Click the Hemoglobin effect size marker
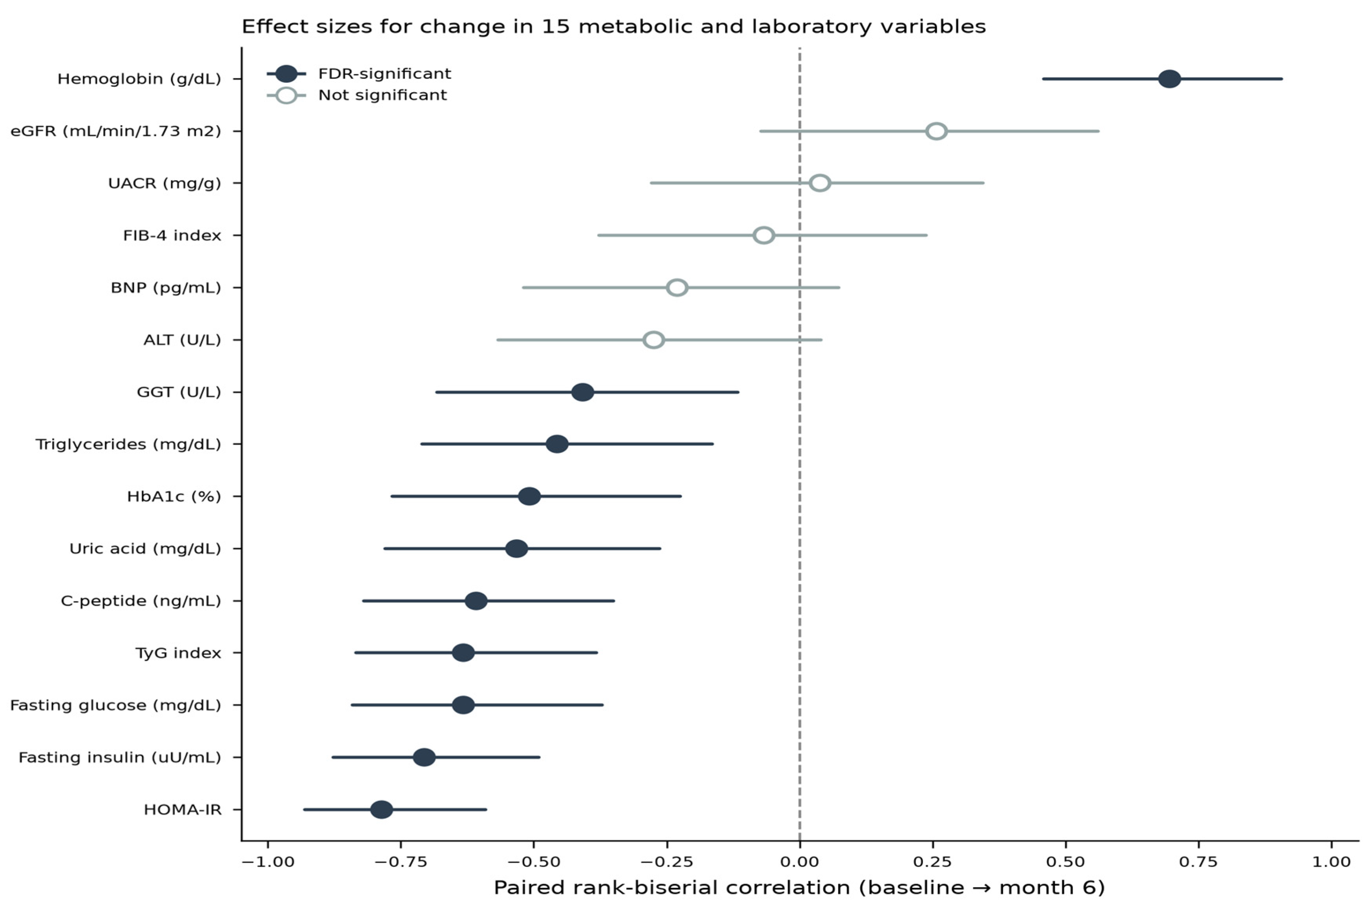pyautogui.click(x=1169, y=79)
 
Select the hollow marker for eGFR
pyautogui.click(x=936, y=131)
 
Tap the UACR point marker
pyautogui.click(x=820, y=183)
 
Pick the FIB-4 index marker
pyautogui.click(x=764, y=235)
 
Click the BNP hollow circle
pyautogui.click(x=677, y=287)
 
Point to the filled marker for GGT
pyautogui.click(x=582, y=392)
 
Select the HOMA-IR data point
pyautogui.click(x=381, y=810)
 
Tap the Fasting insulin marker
pyautogui.click(x=424, y=757)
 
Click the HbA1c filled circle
pyautogui.click(x=529, y=496)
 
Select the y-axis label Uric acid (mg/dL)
pyautogui.click(x=145, y=549)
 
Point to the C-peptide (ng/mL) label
pyautogui.click(x=141, y=600)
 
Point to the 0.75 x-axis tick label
pyautogui.click(x=1198, y=862)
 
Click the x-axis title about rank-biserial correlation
pyautogui.click(x=799, y=888)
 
